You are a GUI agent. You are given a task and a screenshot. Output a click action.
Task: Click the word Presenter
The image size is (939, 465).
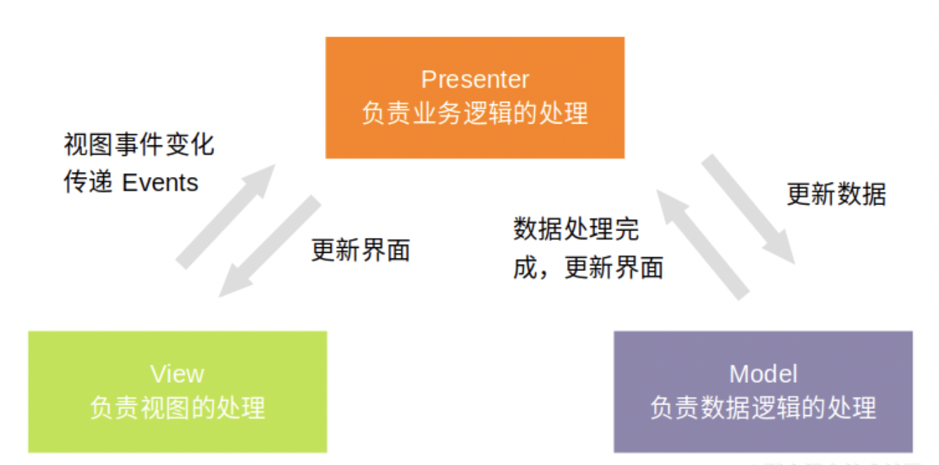point(474,79)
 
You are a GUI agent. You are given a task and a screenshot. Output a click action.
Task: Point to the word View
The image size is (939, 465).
point(177,374)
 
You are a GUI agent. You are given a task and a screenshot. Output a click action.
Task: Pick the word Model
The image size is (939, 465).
point(763,374)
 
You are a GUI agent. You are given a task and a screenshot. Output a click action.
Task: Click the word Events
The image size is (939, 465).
point(160,183)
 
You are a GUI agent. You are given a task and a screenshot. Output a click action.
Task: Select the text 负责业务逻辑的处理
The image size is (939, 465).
point(474,113)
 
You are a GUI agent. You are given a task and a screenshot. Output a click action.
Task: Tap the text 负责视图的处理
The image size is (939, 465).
point(177,407)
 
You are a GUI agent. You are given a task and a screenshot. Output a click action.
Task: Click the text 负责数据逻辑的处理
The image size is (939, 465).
point(763,407)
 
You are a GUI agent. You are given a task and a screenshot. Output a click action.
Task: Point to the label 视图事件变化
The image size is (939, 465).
point(138,145)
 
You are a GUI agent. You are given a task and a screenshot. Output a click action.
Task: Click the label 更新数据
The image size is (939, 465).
point(836,195)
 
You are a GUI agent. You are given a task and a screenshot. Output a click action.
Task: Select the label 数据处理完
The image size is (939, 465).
point(575,229)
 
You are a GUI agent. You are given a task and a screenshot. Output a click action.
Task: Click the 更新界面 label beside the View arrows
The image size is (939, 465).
point(360,250)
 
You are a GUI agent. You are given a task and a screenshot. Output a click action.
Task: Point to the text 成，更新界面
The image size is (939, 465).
point(588,268)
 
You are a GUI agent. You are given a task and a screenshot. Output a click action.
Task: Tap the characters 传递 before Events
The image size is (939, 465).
point(88,183)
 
